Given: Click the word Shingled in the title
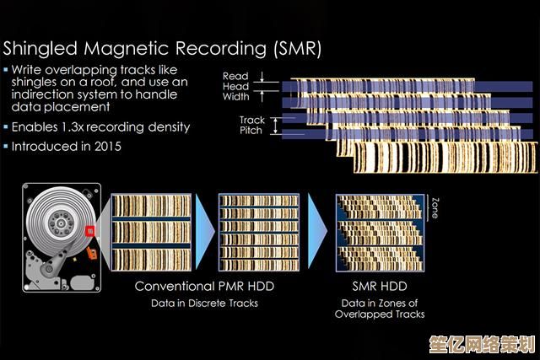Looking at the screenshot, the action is pyautogui.click(x=40, y=49).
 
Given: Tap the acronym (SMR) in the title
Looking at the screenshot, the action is pyautogui.click(x=298, y=49).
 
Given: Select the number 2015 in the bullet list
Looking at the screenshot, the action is pyautogui.click(x=108, y=147).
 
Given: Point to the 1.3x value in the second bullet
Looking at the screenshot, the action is pyautogui.click(x=73, y=127).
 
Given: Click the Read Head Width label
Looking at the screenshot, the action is pyautogui.click(x=235, y=86).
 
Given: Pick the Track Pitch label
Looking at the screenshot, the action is pyautogui.click(x=251, y=126).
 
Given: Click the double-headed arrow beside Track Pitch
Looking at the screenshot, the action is pyautogui.click(x=275, y=126).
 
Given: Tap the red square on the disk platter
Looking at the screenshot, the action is pyautogui.click(x=89, y=231).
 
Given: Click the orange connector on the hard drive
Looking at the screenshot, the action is pyautogui.click(x=92, y=253).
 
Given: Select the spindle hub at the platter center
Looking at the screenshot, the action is pyautogui.click(x=61, y=223).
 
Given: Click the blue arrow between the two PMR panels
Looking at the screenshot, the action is pyautogui.click(x=205, y=232).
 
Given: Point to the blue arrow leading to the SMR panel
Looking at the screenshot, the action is pyautogui.click(x=317, y=231).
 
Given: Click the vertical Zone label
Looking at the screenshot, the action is pyautogui.click(x=435, y=208).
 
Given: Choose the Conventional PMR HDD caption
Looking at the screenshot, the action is pyautogui.click(x=204, y=287).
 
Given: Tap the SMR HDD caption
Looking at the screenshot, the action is pyautogui.click(x=380, y=287).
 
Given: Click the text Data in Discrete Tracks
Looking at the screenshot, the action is pyautogui.click(x=204, y=304).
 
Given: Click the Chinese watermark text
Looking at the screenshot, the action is pyautogui.click(x=482, y=345).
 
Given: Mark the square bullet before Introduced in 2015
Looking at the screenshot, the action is pyautogui.click(x=6, y=146).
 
